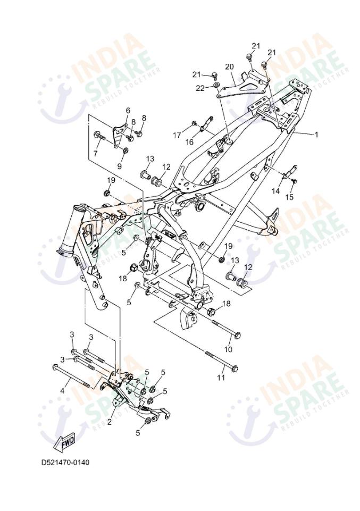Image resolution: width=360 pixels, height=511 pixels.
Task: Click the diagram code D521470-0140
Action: click(65, 462)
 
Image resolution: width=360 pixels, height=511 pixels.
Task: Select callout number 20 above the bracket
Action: click(229, 66)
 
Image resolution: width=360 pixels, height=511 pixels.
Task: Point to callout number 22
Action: click(200, 88)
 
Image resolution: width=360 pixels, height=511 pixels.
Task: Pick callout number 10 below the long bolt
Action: click(228, 349)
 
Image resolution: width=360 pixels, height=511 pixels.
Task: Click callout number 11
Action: click(221, 378)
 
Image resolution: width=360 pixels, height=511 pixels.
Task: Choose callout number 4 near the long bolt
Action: click(62, 391)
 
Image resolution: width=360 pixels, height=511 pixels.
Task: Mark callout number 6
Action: click(128, 110)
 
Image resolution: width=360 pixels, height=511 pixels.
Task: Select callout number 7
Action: click(96, 154)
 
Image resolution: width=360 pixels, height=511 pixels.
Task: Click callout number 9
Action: click(120, 166)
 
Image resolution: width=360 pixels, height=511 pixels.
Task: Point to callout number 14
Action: click(276, 190)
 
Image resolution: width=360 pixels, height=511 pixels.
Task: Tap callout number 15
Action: click(291, 197)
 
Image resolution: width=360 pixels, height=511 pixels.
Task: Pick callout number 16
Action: click(189, 142)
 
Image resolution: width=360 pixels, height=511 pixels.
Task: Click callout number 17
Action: click(177, 136)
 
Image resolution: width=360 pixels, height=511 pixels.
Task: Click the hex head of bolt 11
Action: click(235, 367)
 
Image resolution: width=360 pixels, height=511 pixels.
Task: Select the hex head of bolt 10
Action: click(238, 336)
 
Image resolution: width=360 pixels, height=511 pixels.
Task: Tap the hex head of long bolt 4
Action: click(55, 366)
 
